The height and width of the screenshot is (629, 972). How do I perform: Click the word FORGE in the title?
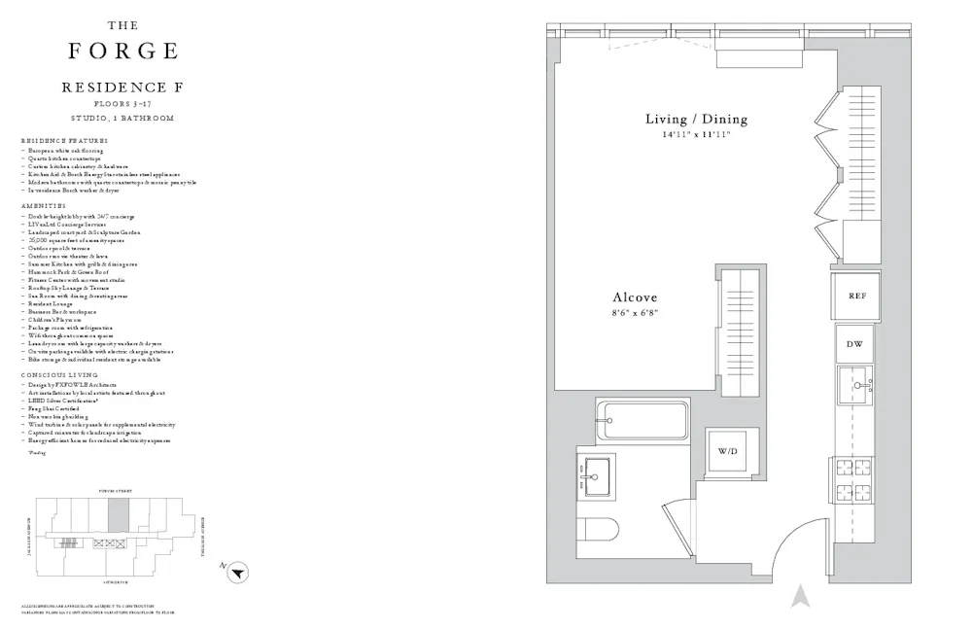click(122, 52)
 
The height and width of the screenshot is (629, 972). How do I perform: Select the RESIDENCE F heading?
click(122, 87)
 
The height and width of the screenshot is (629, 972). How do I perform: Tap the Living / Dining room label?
click(696, 120)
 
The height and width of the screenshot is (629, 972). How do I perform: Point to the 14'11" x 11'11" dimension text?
click(696, 135)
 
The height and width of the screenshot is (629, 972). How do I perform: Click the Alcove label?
click(635, 297)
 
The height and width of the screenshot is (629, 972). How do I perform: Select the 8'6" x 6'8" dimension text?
click(635, 313)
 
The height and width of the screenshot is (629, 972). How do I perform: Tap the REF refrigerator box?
click(856, 296)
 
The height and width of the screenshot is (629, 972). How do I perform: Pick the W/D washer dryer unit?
click(727, 453)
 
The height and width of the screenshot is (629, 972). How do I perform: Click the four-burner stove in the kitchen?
click(856, 479)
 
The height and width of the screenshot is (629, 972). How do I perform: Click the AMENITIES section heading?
click(44, 206)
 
